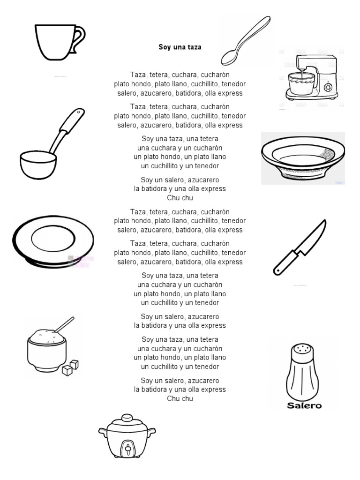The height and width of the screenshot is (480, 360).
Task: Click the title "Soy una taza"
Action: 180,47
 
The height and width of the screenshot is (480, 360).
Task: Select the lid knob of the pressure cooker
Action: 127,417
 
